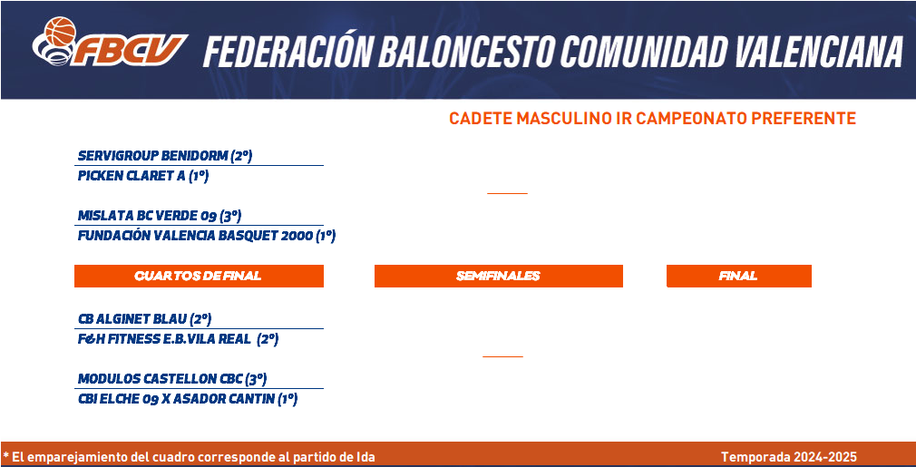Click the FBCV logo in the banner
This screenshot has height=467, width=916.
(x=110, y=41)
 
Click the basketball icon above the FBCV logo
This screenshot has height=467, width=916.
(x=61, y=32)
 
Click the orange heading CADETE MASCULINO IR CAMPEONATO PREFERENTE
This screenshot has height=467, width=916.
(x=652, y=119)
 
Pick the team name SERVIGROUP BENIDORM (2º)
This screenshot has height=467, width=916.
(x=165, y=156)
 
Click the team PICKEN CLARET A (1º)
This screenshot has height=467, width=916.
(x=143, y=176)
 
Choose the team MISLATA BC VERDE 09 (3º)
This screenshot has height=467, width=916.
(x=160, y=216)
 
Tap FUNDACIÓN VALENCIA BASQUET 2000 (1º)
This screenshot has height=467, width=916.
(x=207, y=236)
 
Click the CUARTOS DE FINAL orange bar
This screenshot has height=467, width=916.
(x=199, y=276)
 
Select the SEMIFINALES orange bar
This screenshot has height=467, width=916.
(x=498, y=276)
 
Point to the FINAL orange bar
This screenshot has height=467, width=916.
(x=739, y=276)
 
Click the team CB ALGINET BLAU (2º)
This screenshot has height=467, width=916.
(x=144, y=319)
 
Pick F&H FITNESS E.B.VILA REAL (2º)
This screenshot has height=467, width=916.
(x=178, y=339)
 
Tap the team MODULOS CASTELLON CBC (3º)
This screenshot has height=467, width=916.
(x=172, y=379)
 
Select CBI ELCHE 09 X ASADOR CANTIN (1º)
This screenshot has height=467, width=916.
(x=188, y=399)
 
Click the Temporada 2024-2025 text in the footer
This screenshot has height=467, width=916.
(x=789, y=457)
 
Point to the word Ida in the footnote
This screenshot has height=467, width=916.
(x=365, y=457)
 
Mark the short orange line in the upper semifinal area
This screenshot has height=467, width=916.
(x=507, y=192)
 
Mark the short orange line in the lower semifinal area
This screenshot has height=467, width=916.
(x=502, y=356)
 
